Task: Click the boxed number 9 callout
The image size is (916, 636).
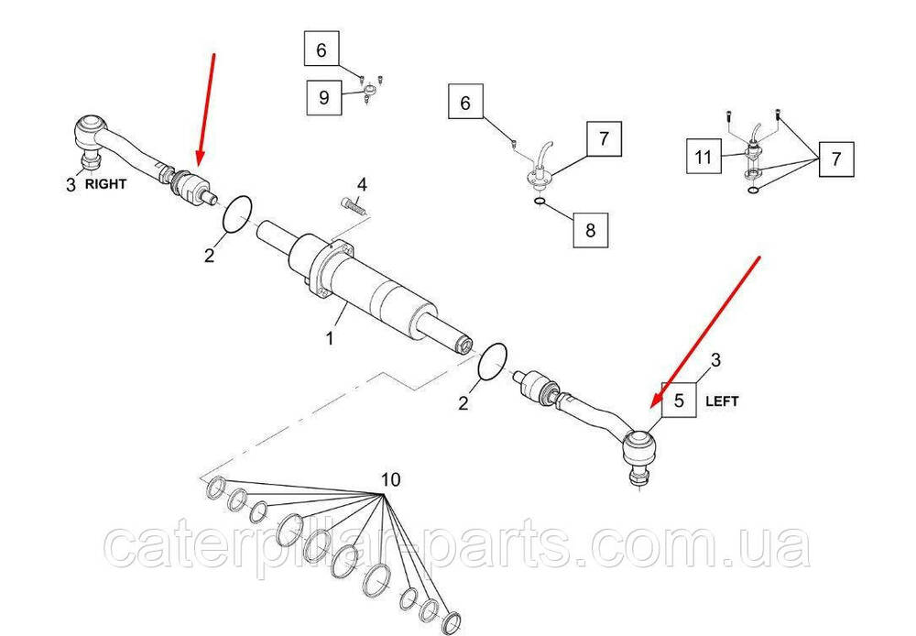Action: pyautogui.click(x=324, y=97)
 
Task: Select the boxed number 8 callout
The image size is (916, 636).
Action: pyautogui.click(x=590, y=230)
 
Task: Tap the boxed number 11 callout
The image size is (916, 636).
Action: pyautogui.click(x=703, y=157)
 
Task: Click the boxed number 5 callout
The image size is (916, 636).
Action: pyautogui.click(x=678, y=400)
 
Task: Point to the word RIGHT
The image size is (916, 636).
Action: pyautogui.click(x=105, y=184)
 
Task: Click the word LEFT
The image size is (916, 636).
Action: pyautogui.click(x=722, y=401)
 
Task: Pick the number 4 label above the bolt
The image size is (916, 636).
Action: pyautogui.click(x=362, y=185)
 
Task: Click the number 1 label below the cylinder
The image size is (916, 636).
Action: pyautogui.click(x=330, y=338)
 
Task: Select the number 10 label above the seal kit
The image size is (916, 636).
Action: pyautogui.click(x=391, y=479)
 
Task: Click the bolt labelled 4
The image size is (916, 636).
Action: pyautogui.click(x=353, y=205)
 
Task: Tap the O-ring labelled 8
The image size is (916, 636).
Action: pyautogui.click(x=540, y=203)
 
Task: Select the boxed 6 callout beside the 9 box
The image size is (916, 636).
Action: pyautogui.click(x=322, y=49)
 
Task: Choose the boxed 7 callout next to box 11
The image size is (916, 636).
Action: pyautogui.click(x=836, y=159)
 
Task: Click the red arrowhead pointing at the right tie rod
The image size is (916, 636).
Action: pyautogui.click(x=199, y=160)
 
